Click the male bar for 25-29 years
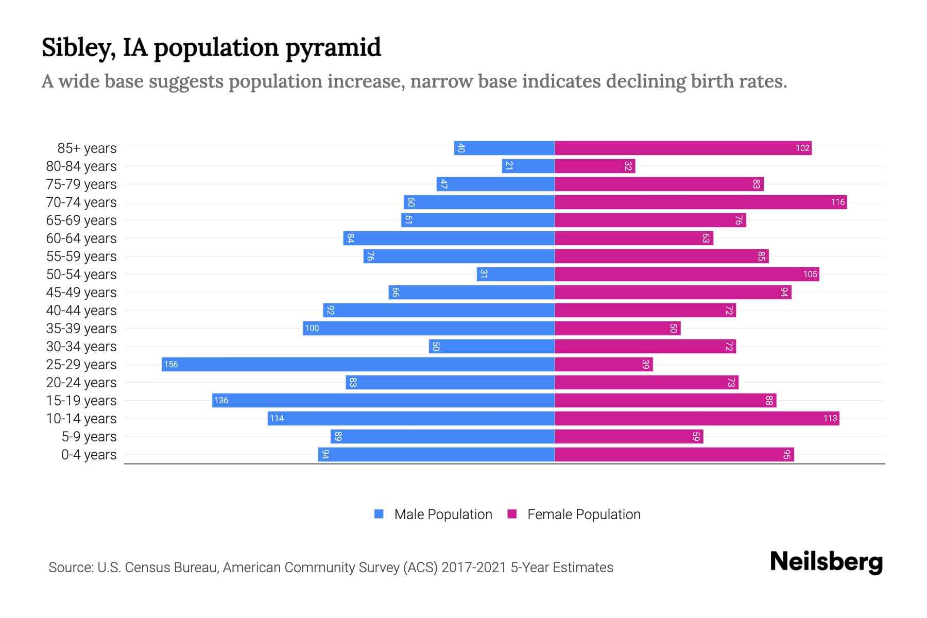click(x=358, y=365)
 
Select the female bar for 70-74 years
click(x=700, y=202)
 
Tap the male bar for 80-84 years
click(x=528, y=166)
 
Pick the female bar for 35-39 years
click(x=617, y=329)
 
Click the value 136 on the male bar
click(x=221, y=401)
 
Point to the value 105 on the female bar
click(x=810, y=274)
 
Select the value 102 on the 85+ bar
click(x=802, y=148)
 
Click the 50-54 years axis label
click(x=81, y=274)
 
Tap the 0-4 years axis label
click(x=89, y=455)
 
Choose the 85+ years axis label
click(x=87, y=148)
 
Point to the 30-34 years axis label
click(x=81, y=347)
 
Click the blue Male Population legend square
click(x=379, y=514)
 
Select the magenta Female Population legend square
click(x=512, y=514)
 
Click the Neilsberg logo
click(x=826, y=562)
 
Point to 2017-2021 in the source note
click(x=474, y=568)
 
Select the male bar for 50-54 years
click(x=516, y=274)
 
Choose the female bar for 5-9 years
click(x=629, y=437)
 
